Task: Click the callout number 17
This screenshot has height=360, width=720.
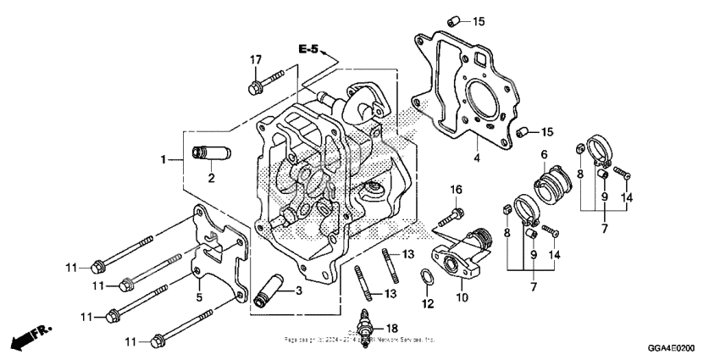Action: [254, 58]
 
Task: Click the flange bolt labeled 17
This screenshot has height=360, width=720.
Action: [259, 86]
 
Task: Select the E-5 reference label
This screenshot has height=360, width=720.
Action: [308, 51]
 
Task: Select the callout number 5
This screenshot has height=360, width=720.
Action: [198, 296]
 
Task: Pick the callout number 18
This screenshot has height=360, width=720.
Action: [391, 327]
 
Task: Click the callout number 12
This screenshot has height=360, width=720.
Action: [428, 303]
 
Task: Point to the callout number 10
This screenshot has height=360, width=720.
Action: [462, 296]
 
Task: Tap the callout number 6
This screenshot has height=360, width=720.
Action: [545, 153]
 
